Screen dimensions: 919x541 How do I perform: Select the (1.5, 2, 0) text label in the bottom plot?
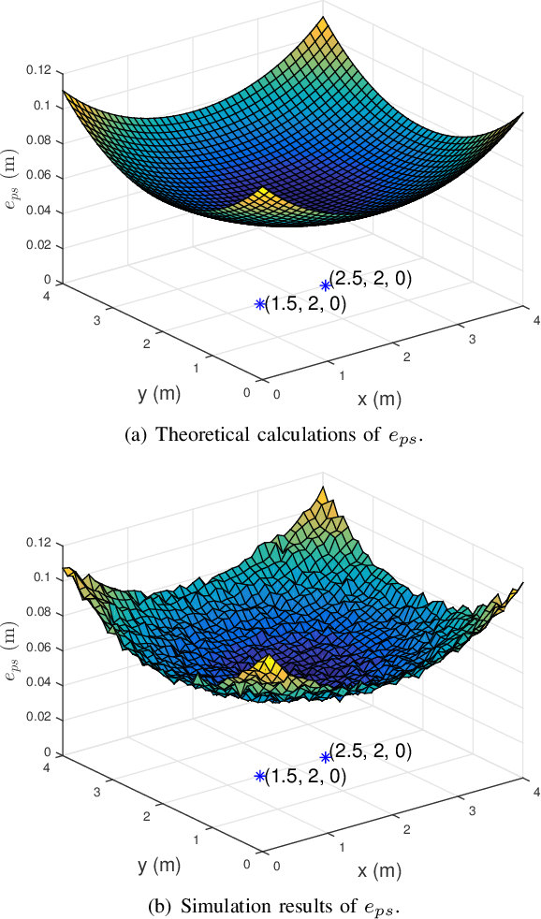click(306, 776)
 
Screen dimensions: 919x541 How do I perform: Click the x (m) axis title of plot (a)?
click(379, 400)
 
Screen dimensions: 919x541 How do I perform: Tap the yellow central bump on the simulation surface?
click(268, 668)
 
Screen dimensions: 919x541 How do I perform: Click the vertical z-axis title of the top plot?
click(12, 175)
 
